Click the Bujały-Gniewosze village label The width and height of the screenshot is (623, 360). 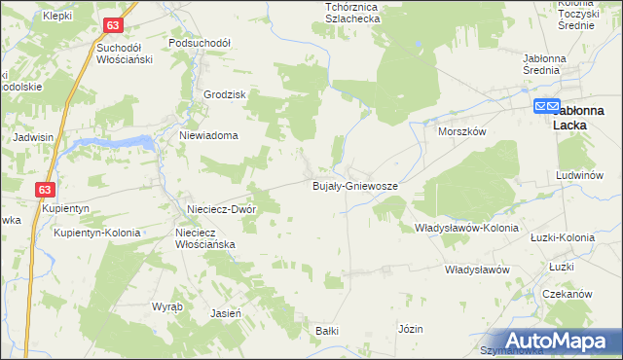353,185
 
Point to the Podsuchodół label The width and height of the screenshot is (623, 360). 199,43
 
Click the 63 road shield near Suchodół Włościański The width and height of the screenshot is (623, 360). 114,24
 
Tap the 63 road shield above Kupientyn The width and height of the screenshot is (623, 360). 45,189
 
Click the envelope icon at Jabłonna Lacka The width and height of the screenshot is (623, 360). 546,106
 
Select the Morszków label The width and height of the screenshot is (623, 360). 461,130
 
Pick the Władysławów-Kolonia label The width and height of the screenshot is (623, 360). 466,228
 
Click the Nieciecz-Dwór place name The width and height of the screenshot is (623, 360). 221,209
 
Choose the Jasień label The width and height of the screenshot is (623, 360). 226,313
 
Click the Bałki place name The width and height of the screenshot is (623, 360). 326,331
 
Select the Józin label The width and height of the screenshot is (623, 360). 410,329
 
